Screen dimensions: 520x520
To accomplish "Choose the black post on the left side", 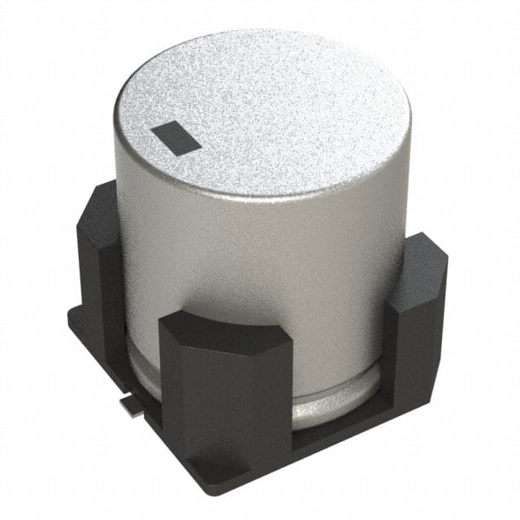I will [102, 268].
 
